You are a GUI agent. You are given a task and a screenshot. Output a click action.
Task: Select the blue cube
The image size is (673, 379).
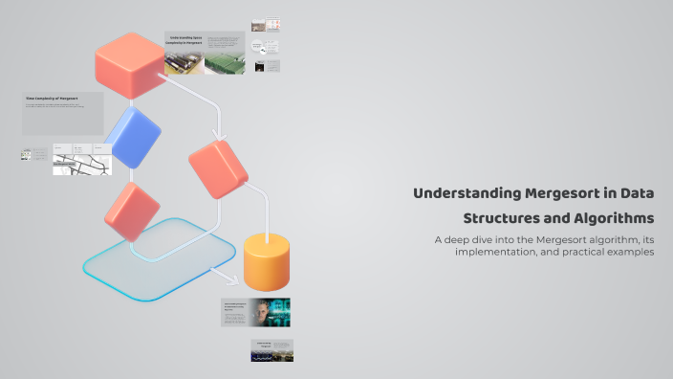coord(133,137)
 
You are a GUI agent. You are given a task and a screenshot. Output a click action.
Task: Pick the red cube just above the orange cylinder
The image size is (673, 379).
coord(218,169)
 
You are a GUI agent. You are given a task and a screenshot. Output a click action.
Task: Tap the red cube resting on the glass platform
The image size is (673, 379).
coord(131,211)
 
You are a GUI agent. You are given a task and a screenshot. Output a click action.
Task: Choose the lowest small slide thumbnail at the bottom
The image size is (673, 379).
coord(271,350)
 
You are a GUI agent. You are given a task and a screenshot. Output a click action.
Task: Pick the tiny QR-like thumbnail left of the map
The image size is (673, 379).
coord(26,154)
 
